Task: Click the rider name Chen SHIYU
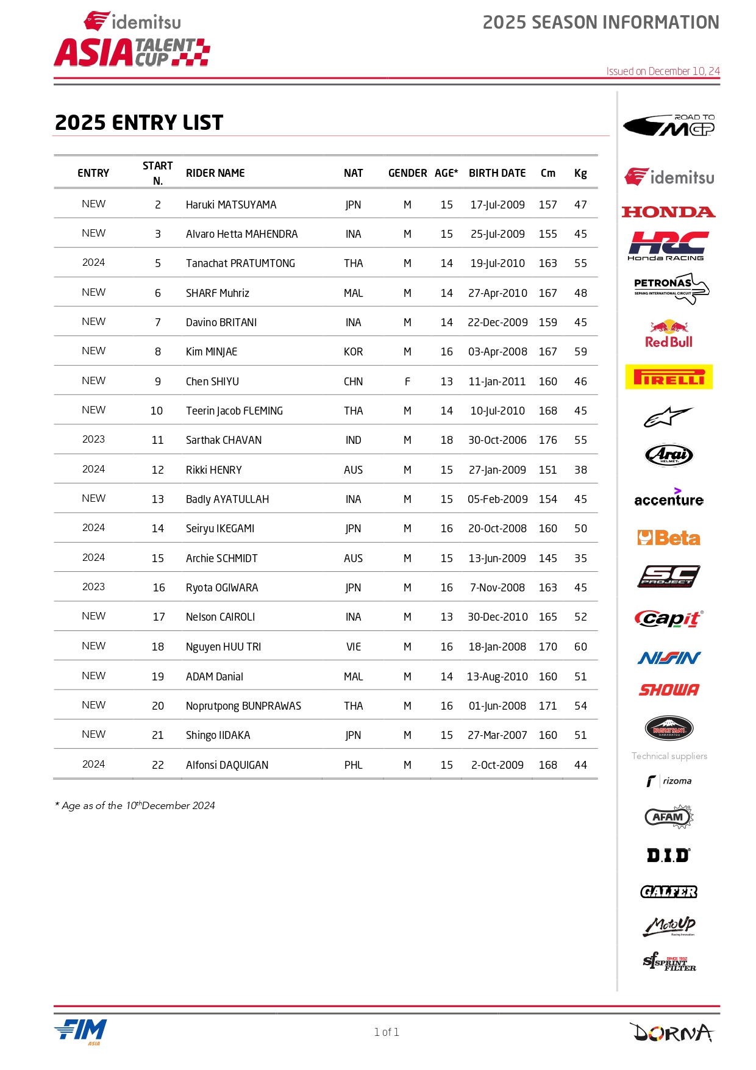(x=212, y=382)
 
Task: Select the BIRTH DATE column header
(x=497, y=173)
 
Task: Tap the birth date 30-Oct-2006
(x=497, y=440)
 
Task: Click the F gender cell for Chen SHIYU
(x=407, y=382)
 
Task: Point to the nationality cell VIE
(x=354, y=647)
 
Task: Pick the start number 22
(x=158, y=765)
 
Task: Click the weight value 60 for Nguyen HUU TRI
(x=580, y=647)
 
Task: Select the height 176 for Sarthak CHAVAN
(x=547, y=440)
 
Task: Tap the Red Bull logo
(x=669, y=334)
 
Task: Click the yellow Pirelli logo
(x=669, y=377)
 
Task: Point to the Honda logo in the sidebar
(x=668, y=212)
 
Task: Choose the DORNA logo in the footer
(x=671, y=1032)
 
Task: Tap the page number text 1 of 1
(x=387, y=1032)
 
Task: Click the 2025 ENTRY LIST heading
(x=139, y=123)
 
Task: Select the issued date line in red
(x=663, y=71)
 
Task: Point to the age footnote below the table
(x=135, y=805)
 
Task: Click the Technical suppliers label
(x=669, y=756)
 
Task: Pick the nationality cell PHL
(x=354, y=765)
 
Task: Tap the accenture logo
(x=669, y=498)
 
